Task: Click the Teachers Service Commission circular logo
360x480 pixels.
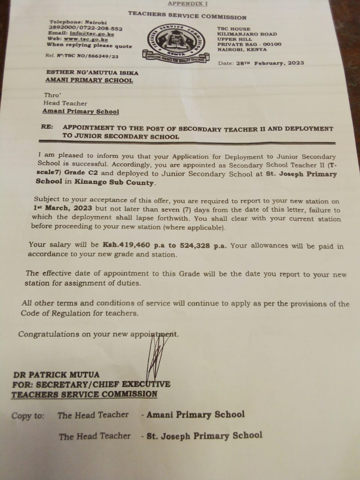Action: click(x=175, y=42)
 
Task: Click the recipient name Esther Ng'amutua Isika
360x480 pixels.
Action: click(x=92, y=73)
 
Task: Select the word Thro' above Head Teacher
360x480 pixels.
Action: click(x=52, y=95)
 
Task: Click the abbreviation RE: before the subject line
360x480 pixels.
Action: click(x=47, y=127)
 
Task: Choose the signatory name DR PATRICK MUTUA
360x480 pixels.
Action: click(x=56, y=374)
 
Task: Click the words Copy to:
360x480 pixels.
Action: click(x=28, y=415)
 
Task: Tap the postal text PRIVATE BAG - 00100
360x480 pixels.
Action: click(x=249, y=44)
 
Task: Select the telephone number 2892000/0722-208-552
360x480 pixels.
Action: click(x=85, y=28)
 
